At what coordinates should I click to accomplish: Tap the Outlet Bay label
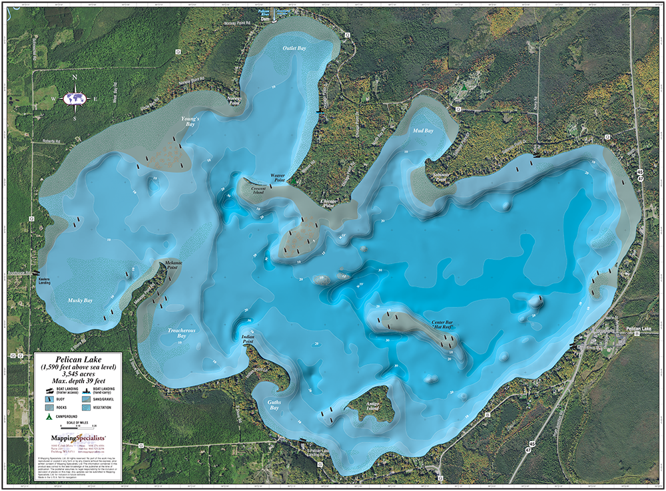point(294,49)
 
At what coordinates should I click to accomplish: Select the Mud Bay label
point(423,131)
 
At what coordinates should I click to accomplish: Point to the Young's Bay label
point(191,122)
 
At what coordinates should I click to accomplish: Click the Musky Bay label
point(80,301)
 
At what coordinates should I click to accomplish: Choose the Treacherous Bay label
point(176,333)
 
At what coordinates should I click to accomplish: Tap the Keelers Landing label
point(44,281)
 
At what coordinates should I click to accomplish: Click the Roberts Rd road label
point(49,142)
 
